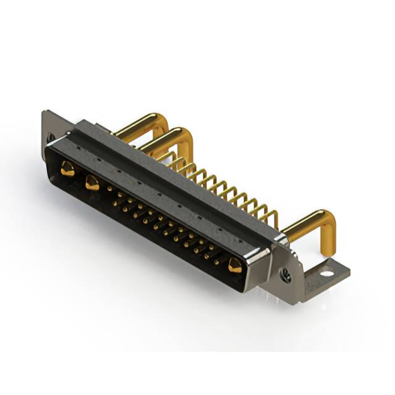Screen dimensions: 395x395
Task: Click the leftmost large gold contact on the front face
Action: pyautogui.click(x=67, y=168)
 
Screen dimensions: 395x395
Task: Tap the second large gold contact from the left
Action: pyautogui.click(x=93, y=182)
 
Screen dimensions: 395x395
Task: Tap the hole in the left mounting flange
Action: pyautogui.click(x=51, y=137)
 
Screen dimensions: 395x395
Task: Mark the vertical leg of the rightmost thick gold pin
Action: pyautogui.click(x=328, y=238)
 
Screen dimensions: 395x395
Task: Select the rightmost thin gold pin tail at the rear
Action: pyautogui.click(x=272, y=217)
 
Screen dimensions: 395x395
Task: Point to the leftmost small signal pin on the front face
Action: pyautogui.click(x=111, y=189)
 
